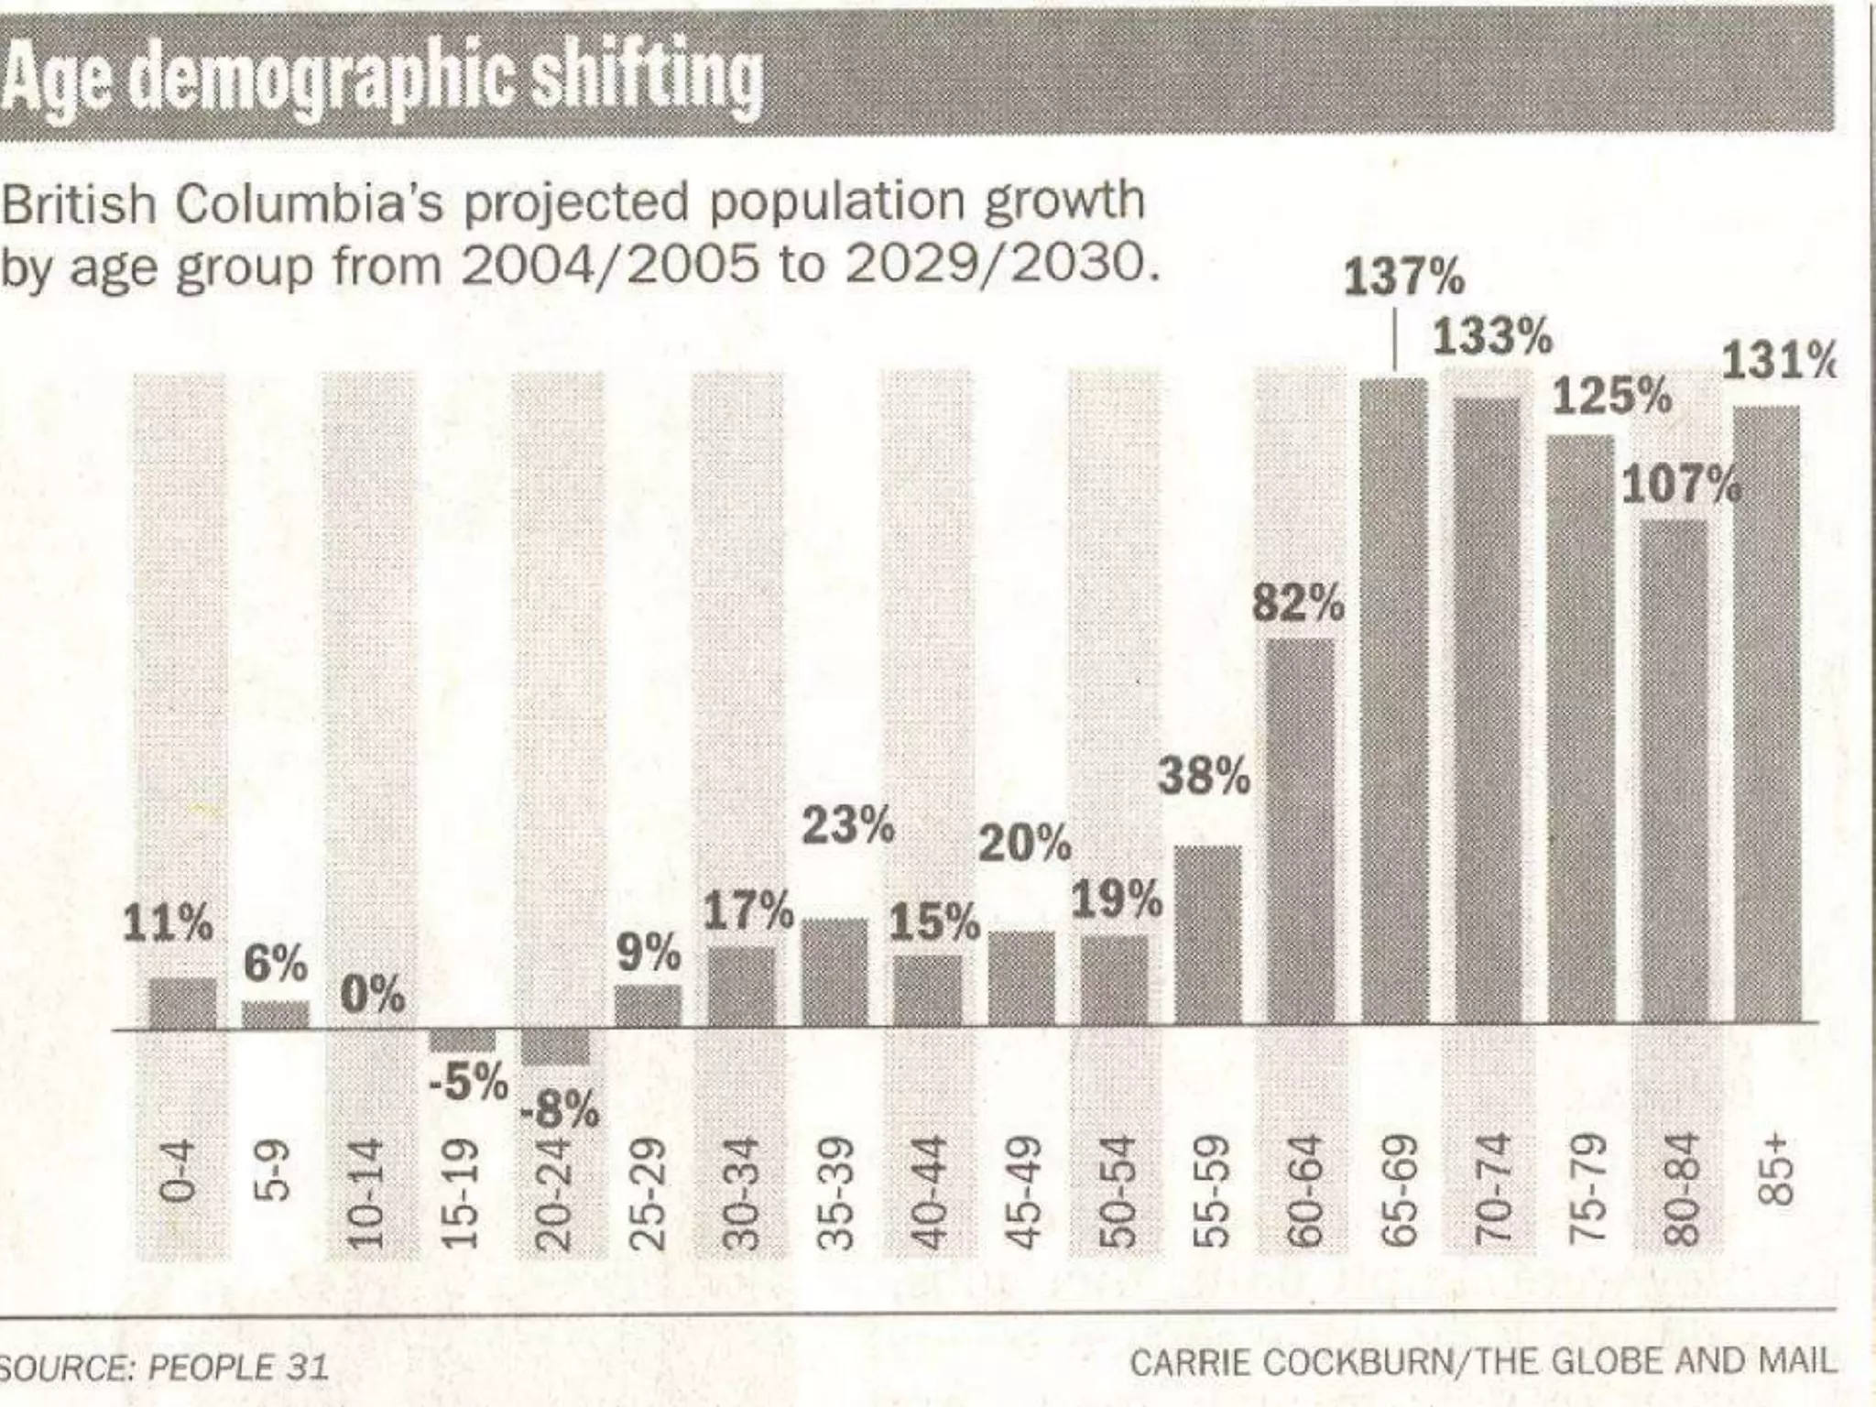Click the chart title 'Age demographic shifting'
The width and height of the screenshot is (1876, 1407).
(381, 79)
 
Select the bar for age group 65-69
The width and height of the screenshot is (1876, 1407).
(1393, 701)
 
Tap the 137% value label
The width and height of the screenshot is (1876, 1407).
(1403, 277)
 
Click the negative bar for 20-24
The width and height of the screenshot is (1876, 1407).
(555, 1046)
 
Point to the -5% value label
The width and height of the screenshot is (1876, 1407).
(468, 1082)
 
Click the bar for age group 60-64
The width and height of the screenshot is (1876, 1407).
(1301, 831)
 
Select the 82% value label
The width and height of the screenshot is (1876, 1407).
(1298, 603)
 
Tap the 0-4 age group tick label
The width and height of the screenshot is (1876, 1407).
(178, 1171)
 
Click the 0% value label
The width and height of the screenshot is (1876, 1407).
(372, 995)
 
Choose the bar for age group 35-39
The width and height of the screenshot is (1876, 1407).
(834, 972)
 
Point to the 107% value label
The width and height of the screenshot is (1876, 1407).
(1681, 485)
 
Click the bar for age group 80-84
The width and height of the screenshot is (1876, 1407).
(1674, 771)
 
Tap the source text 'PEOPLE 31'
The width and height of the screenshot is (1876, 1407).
(238, 1368)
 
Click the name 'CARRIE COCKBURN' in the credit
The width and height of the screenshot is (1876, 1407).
(1291, 1363)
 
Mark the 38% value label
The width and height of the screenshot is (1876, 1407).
(1204, 777)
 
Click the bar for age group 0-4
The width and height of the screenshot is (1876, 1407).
(182, 1004)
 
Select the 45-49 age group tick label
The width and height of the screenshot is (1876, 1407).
(1023, 1193)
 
